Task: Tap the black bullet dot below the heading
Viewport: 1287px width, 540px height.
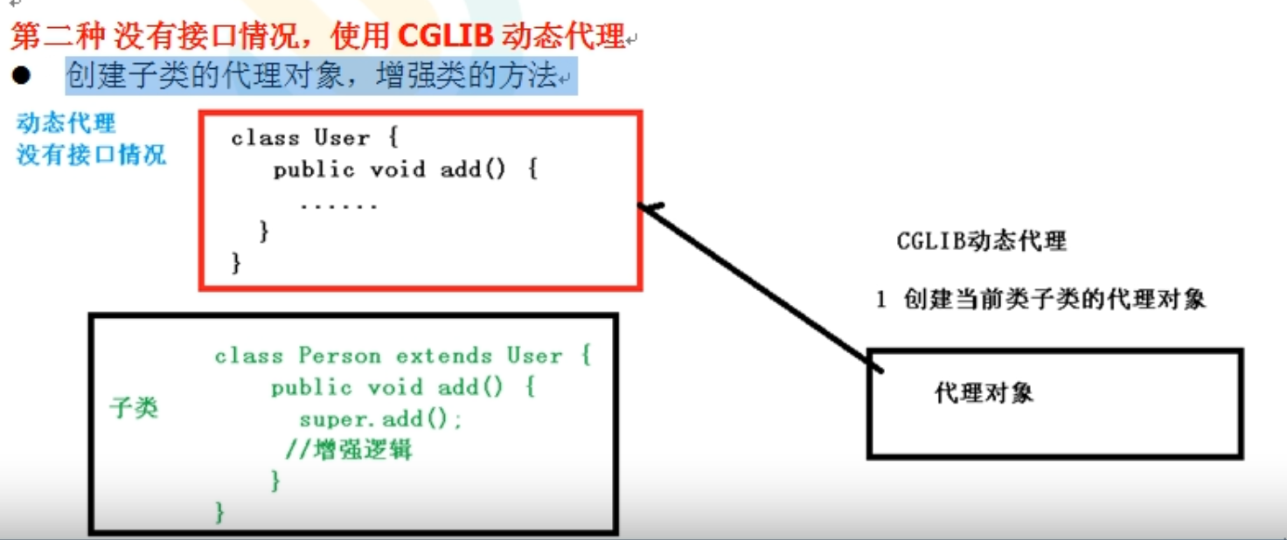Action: [x=21, y=77]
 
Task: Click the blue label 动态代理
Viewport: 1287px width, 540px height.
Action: [x=66, y=123]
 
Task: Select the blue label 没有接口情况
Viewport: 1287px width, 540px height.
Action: [x=91, y=156]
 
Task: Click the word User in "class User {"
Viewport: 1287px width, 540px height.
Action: [x=342, y=138]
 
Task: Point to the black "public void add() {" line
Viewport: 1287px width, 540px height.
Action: [x=405, y=170]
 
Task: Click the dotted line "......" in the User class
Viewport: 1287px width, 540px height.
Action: [x=338, y=205]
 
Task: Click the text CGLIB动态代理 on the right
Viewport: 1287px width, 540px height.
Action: [x=981, y=240]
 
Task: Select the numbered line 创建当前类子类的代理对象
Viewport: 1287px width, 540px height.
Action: [x=1054, y=299]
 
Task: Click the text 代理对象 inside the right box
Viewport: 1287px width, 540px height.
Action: [x=984, y=392]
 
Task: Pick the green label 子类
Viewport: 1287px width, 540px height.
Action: [x=134, y=407]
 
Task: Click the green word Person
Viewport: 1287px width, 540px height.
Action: [x=340, y=357]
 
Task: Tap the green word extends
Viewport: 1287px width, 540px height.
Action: [x=444, y=357]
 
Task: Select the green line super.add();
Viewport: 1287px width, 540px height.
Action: [x=380, y=419]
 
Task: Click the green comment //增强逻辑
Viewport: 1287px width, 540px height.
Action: [x=349, y=451]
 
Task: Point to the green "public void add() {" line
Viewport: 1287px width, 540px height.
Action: [x=402, y=387]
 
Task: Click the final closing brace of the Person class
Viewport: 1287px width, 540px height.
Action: [x=219, y=511]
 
